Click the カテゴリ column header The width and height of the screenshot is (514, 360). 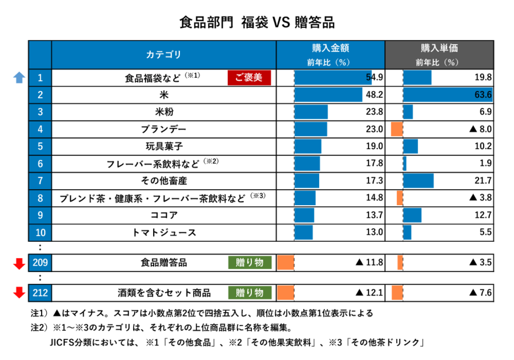[164, 55]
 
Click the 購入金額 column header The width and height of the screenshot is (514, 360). [330, 55]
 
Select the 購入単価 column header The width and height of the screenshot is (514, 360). [439, 55]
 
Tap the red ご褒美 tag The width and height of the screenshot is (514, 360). [249, 78]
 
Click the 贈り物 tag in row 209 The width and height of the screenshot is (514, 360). [250, 262]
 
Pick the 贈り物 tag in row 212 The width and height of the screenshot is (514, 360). [250, 293]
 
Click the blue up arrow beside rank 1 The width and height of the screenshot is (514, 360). [19, 77]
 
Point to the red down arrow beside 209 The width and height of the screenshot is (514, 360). [19, 263]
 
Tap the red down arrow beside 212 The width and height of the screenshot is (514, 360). [19, 293]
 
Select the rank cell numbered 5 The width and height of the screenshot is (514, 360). [40, 146]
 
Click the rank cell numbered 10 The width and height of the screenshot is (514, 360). [40, 233]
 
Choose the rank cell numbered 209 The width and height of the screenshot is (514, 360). [40, 262]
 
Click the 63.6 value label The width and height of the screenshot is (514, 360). [483, 95]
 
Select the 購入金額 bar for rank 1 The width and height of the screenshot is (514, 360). [333, 78]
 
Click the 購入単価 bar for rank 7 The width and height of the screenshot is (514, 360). [419, 181]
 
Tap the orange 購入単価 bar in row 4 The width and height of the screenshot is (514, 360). [396, 129]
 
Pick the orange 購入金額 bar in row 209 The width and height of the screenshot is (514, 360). [286, 262]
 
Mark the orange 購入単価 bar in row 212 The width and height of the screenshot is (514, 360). [397, 293]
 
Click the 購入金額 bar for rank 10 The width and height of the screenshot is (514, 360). [304, 233]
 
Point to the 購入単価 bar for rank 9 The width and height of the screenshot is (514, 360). [413, 215]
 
